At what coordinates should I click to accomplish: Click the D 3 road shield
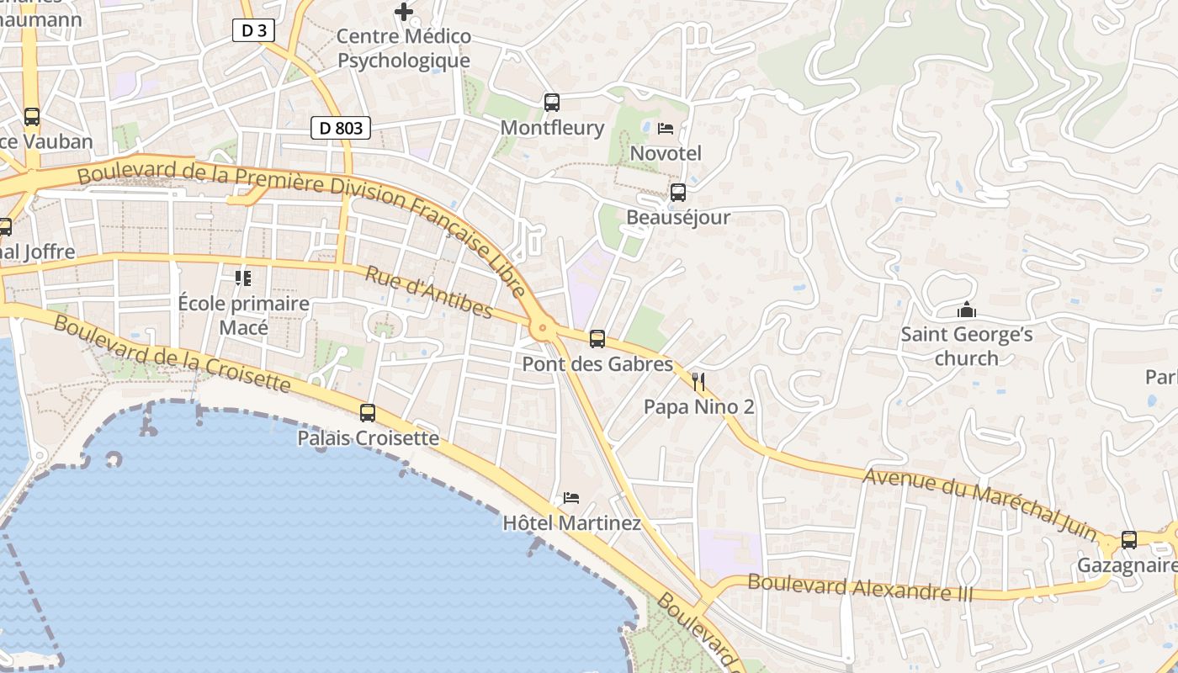(x=253, y=30)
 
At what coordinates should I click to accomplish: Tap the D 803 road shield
(x=341, y=128)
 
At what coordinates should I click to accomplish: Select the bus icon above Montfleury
(x=552, y=103)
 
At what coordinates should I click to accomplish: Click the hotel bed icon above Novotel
(x=666, y=129)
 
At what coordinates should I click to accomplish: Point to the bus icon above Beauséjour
(x=678, y=193)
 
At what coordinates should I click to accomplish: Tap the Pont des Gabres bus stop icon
(x=597, y=339)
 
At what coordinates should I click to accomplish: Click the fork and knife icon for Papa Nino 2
(x=698, y=382)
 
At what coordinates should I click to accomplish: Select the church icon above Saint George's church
(x=967, y=310)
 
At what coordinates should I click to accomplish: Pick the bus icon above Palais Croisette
(x=368, y=413)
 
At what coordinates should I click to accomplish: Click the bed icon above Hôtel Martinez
(x=571, y=498)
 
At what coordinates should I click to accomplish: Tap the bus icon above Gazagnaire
(x=1129, y=540)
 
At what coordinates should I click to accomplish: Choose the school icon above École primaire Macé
(x=243, y=278)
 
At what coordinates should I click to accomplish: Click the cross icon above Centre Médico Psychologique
(x=404, y=12)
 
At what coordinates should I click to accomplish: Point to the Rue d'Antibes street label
(x=428, y=292)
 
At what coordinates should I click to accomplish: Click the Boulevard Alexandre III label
(x=860, y=587)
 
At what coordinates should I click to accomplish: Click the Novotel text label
(x=666, y=154)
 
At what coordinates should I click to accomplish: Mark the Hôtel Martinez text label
(x=571, y=523)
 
